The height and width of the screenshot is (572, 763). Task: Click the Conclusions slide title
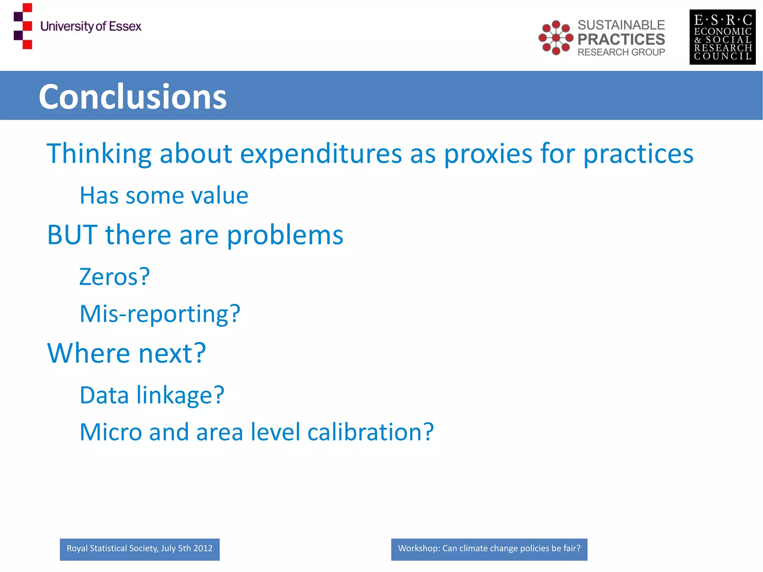133,97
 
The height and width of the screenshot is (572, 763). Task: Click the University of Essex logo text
91,26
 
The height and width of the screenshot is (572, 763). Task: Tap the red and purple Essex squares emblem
23,26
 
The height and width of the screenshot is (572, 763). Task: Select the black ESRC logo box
722,37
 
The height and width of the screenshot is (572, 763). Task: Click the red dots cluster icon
555,38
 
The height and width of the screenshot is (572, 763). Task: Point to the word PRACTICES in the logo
621,39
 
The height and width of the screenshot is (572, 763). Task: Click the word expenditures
321,154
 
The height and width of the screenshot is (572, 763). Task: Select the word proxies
488,154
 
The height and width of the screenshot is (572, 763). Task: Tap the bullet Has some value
164,196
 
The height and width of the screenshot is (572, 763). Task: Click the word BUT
72,235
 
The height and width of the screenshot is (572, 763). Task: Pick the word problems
285,236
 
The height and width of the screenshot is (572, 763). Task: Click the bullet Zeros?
114,277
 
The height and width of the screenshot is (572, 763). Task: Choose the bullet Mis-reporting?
160,314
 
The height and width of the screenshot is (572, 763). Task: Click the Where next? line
126,353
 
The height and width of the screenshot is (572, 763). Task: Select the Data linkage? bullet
152,395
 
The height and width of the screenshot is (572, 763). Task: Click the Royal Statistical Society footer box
139,549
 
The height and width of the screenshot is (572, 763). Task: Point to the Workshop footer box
489,549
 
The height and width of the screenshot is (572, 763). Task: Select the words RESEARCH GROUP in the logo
621,52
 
